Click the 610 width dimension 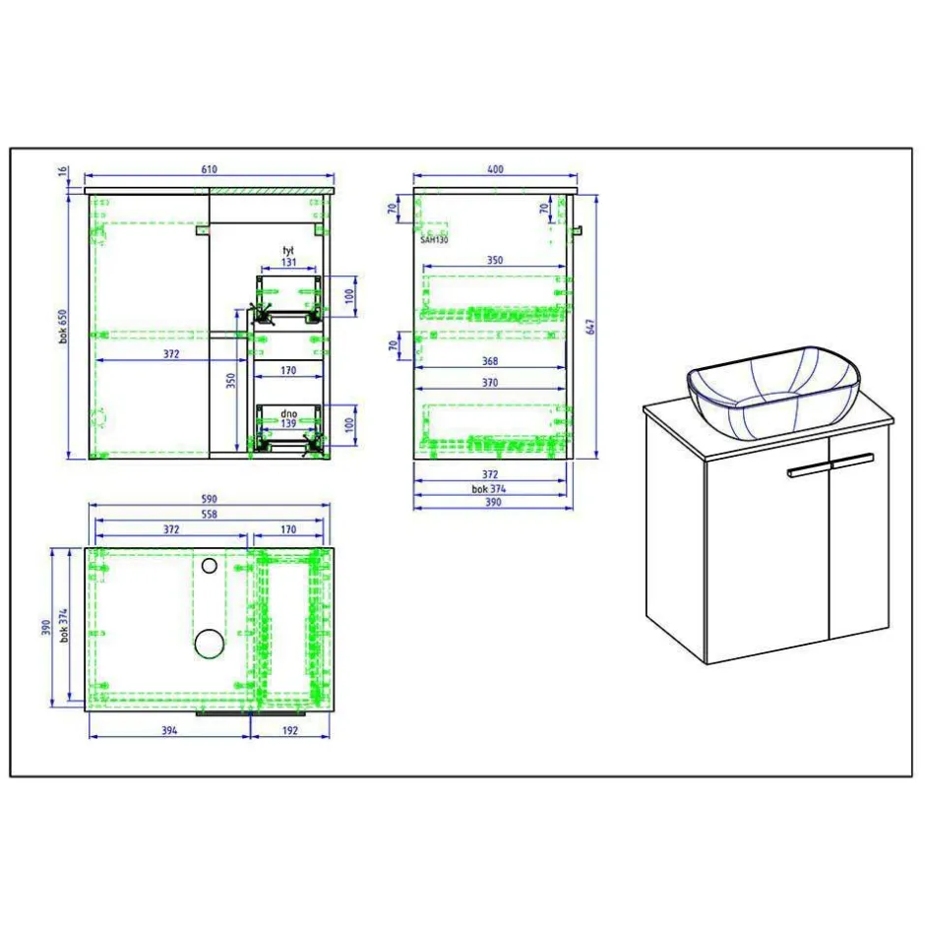(210, 169)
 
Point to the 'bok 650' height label (63, 327)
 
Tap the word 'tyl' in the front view (288, 251)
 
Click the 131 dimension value (288, 262)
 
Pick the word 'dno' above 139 (289, 413)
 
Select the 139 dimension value (288, 423)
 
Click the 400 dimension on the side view (496, 169)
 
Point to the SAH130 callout (434, 240)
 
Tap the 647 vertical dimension (590, 327)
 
